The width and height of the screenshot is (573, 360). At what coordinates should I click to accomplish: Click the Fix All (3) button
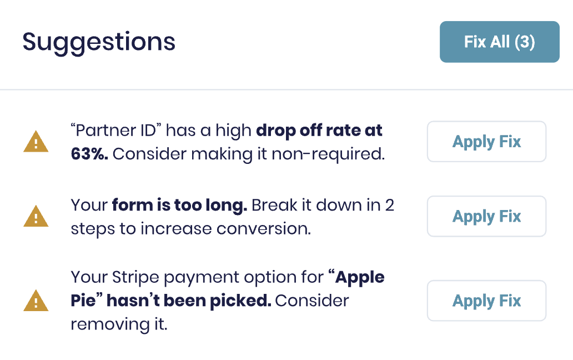tap(500, 42)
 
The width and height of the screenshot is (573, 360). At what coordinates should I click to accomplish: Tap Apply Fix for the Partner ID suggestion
tap(486, 142)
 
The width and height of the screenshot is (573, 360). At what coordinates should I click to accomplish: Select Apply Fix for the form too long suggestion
tap(486, 216)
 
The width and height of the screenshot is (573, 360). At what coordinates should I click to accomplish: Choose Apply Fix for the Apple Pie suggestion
tap(486, 301)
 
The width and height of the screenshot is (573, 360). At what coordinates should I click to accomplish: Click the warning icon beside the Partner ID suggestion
tap(36, 142)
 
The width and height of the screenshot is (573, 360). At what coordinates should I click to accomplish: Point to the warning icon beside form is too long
tap(36, 216)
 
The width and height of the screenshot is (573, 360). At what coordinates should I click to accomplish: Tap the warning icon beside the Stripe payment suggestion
tap(36, 301)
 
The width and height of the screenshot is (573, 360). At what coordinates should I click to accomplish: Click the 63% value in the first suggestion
tap(89, 154)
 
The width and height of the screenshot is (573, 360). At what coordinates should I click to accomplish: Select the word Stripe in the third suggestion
tap(135, 277)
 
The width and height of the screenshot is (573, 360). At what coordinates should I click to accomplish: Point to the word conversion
tap(264, 229)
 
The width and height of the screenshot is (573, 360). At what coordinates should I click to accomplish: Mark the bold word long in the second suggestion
tap(226, 206)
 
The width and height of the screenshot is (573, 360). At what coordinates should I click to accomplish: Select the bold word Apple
tap(360, 278)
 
